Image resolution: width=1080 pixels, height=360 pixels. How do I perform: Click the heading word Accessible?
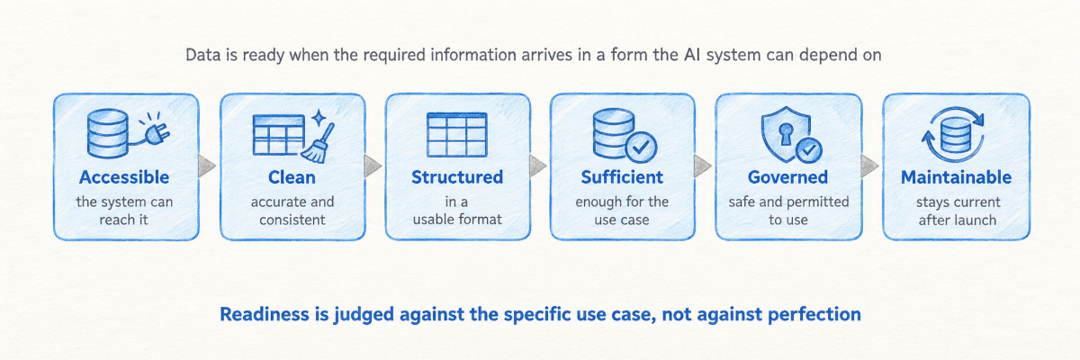pyautogui.click(x=124, y=177)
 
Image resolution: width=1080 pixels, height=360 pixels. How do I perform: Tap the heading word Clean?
pyautogui.click(x=292, y=177)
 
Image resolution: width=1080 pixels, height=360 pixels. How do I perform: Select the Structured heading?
pyautogui.click(x=457, y=177)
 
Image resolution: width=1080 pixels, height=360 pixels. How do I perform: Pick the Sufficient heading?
pyautogui.click(x=622, y=177)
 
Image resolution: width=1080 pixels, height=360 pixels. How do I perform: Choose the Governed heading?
pyautogui.click(x=787, y=177)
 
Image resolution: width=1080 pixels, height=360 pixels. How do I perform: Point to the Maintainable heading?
pyautogui.click(x=956, y=177)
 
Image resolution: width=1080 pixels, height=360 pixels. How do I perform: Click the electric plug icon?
pyautogui.click(x=157, y=132)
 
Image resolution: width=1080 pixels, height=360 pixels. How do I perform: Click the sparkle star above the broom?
pyautogui.click(x=319, y=118)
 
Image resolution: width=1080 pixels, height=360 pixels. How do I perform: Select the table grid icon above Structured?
pyautogui.click(x=457, y=134)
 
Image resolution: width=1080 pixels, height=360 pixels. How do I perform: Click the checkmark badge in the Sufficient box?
pyautogui.click(x=641, y=147)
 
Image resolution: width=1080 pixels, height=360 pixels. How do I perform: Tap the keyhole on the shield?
pyautogui.click(x=786, y=134)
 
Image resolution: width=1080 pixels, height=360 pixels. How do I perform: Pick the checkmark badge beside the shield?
pyautogui.click(x=809, y=150)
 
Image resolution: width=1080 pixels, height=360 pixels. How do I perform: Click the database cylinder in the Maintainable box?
pyautogui.click(x=956, y=134)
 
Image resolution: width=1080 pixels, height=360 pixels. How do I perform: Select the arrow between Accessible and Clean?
pyautogui.click(x=206, y=166)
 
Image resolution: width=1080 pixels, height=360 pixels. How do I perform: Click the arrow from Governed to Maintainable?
pyautogui.click(x=869, y=166)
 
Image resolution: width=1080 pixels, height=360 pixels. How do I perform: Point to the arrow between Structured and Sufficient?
pyautogui.click(x=537, y=166)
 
